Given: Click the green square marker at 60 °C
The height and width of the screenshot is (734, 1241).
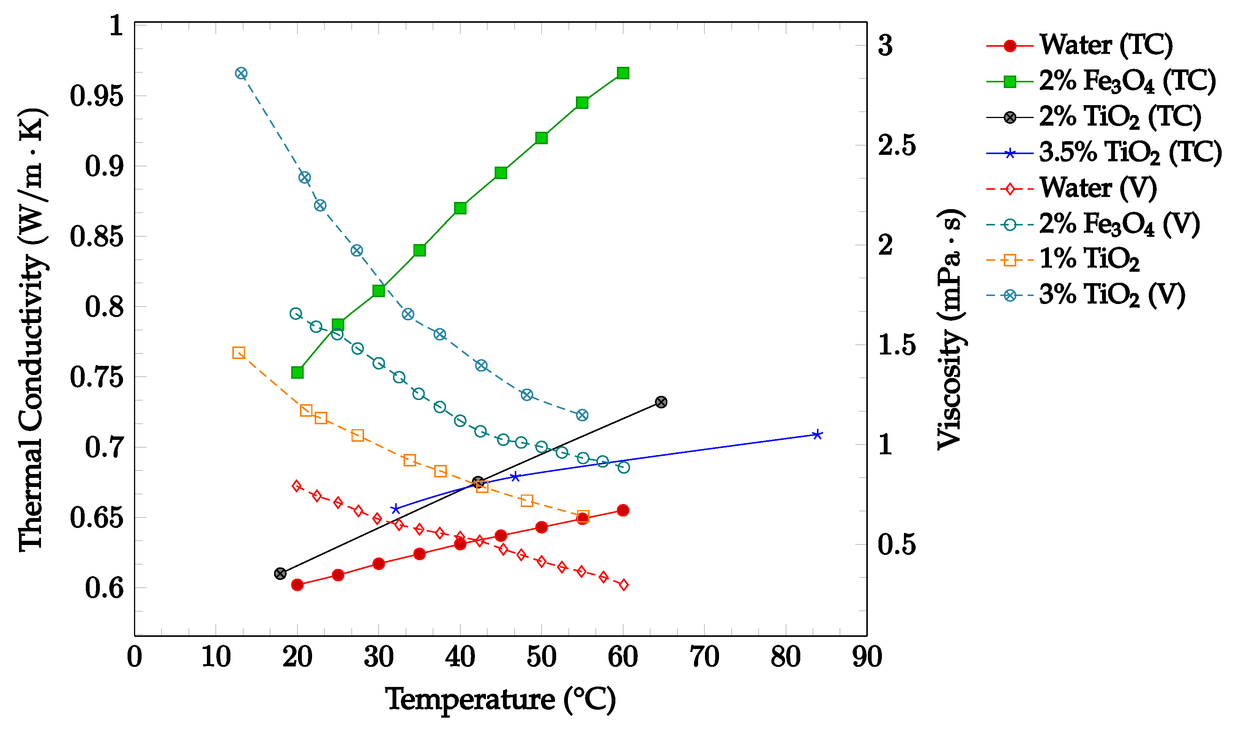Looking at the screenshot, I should (x=623, y=73).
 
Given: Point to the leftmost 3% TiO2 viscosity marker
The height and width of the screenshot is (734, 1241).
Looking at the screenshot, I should (x=241, y=74).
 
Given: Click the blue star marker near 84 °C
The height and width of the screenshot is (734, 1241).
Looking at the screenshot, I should (x=817, y=435).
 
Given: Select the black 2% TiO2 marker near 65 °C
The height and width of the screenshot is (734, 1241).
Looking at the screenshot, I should (x=661, y=402).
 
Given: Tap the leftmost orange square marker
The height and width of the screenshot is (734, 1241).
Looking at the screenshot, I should (x=238, y=353).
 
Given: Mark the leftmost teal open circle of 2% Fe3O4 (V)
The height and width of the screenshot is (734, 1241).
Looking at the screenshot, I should (x=296, y=313).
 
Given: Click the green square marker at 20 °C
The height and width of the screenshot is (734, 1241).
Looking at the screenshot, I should (x=297, y=372).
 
